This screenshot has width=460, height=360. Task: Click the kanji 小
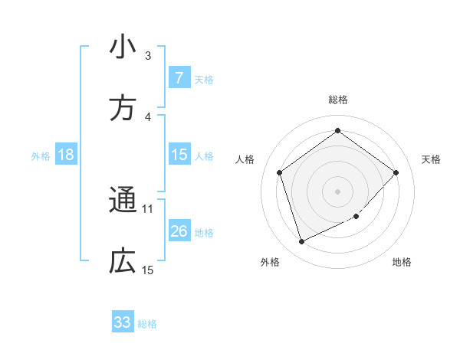(123, 47)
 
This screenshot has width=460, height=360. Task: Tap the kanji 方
(123, 109)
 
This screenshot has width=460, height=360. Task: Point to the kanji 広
(123, 262)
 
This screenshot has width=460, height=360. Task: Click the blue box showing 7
(179, 77)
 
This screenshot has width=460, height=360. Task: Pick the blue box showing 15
(179, 155)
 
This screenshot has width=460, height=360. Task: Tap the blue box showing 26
(179, 231)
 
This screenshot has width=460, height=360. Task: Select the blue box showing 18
(66, 155)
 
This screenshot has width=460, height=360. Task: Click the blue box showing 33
(123, 322)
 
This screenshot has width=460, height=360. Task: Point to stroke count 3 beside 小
(148, 55)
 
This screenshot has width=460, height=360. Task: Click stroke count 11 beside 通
(148, 208)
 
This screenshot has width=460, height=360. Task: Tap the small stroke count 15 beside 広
(148, 270)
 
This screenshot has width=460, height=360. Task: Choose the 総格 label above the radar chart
(338, 100)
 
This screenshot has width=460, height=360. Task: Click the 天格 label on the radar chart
(431, 159)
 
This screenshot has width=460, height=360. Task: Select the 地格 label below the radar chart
(402, 262)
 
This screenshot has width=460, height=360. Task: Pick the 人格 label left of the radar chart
(245, 159)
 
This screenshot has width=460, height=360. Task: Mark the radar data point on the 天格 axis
(396, 172)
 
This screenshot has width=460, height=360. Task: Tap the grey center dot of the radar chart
(338, 191)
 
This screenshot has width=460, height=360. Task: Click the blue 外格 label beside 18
(41, 155)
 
